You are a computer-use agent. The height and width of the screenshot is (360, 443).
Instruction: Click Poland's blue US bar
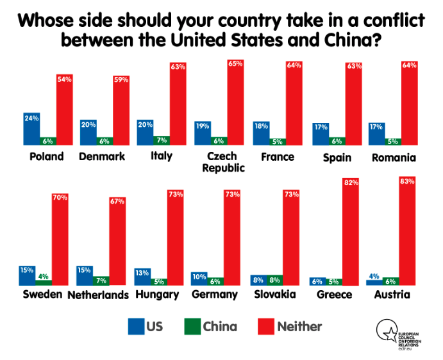(31, 129)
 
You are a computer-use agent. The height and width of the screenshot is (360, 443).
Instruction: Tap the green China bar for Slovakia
(274, 280)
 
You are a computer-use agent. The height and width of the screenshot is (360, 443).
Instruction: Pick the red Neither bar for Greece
(351, 233)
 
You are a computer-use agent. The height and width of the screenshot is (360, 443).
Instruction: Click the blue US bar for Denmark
(88, 133)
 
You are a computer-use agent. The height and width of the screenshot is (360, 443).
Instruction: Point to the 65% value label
(235, 64)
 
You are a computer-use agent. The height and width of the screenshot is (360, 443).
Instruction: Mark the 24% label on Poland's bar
(31, 118)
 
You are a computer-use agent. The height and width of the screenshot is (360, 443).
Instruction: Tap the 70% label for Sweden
(60, 197)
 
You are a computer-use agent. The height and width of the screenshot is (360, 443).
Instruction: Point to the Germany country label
(215, 295)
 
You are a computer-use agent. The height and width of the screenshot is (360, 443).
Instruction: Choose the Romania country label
(395, 157)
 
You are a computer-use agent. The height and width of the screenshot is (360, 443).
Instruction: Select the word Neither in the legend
(299, 327)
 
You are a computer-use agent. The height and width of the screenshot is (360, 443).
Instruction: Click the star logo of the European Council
(386, 331)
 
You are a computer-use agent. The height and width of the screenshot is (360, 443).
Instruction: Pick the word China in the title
(344, 40)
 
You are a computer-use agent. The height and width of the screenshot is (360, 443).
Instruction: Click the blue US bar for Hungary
(143, 277)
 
